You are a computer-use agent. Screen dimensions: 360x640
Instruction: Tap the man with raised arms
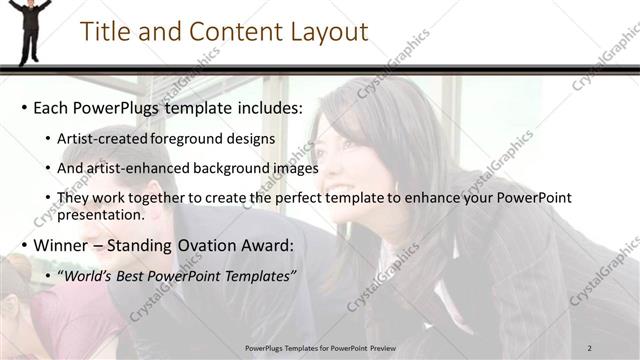(30, 28)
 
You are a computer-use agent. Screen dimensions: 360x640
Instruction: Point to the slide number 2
(590, 347)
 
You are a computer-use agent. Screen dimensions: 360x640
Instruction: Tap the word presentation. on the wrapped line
(101, 214)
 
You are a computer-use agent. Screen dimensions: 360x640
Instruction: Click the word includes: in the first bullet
(269, 107)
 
